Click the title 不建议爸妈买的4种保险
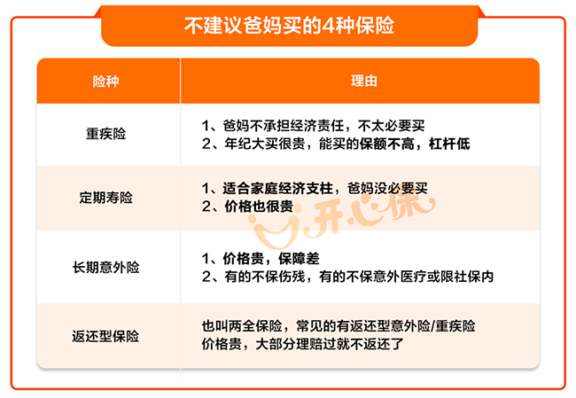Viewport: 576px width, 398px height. click(289, 26)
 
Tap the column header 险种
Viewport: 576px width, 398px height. click(105, 82)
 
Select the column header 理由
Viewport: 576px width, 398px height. click(364, 81)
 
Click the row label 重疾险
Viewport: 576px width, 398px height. click(105, 134)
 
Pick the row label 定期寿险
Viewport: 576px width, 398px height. click(105, 198)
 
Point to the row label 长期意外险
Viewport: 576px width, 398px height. click(105, 267)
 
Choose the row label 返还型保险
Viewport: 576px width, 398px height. click(105, 336)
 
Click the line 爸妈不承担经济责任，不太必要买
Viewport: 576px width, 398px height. click(313, 126)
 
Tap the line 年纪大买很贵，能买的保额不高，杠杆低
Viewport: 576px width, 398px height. click(336, 144)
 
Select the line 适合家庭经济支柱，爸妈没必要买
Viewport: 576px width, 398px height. click(315, 189)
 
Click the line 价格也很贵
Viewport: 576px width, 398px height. click(247, 207)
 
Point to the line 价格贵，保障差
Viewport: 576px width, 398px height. click(261, 259)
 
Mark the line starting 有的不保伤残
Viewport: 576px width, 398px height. click(347, 277)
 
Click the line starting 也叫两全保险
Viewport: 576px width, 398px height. click(339, 326)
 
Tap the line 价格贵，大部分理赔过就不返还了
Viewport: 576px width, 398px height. click(302, 344)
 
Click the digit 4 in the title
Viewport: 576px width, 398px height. click(327, 26)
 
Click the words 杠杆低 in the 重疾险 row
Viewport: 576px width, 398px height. click(449, 144)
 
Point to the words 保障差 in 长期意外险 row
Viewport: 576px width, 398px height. click(299, 259)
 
